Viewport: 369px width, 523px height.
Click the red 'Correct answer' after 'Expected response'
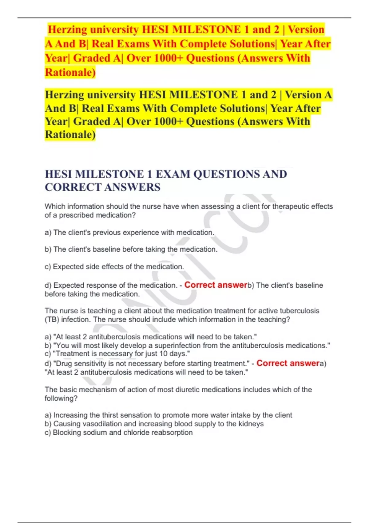tap(216, 285)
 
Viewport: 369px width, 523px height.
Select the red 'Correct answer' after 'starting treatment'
tap(288, 363)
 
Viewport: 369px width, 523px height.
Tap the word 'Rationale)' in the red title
tap(70, 72)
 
